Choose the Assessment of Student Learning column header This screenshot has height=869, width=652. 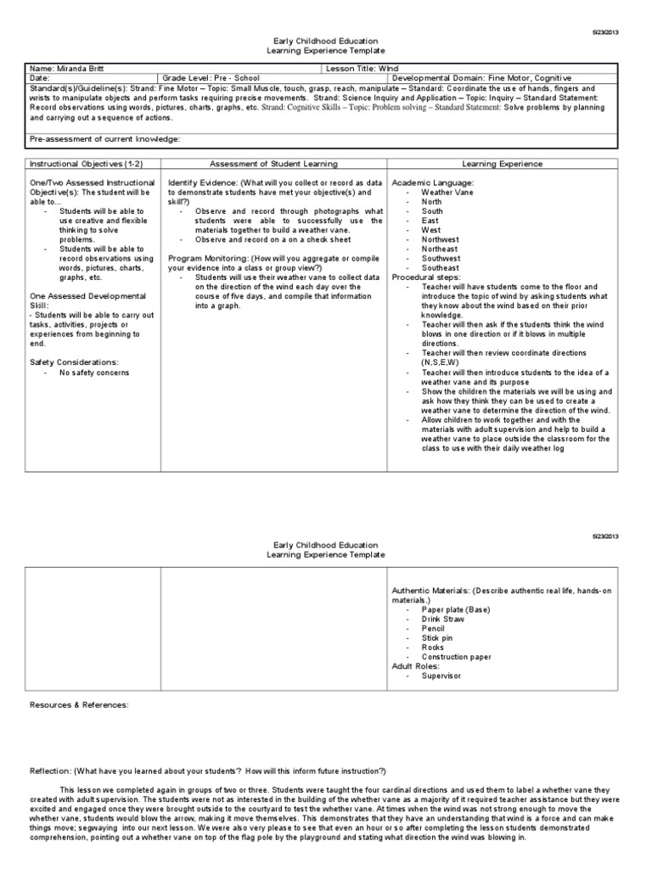tap(273, 163)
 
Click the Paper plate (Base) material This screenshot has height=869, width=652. tap(455, 609)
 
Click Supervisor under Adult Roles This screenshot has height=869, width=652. tap(442, 676)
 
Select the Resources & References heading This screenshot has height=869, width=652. tap(79, 704)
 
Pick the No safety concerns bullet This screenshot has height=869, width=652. tap(94, 372)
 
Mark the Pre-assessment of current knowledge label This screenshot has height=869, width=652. tap(105, 137)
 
